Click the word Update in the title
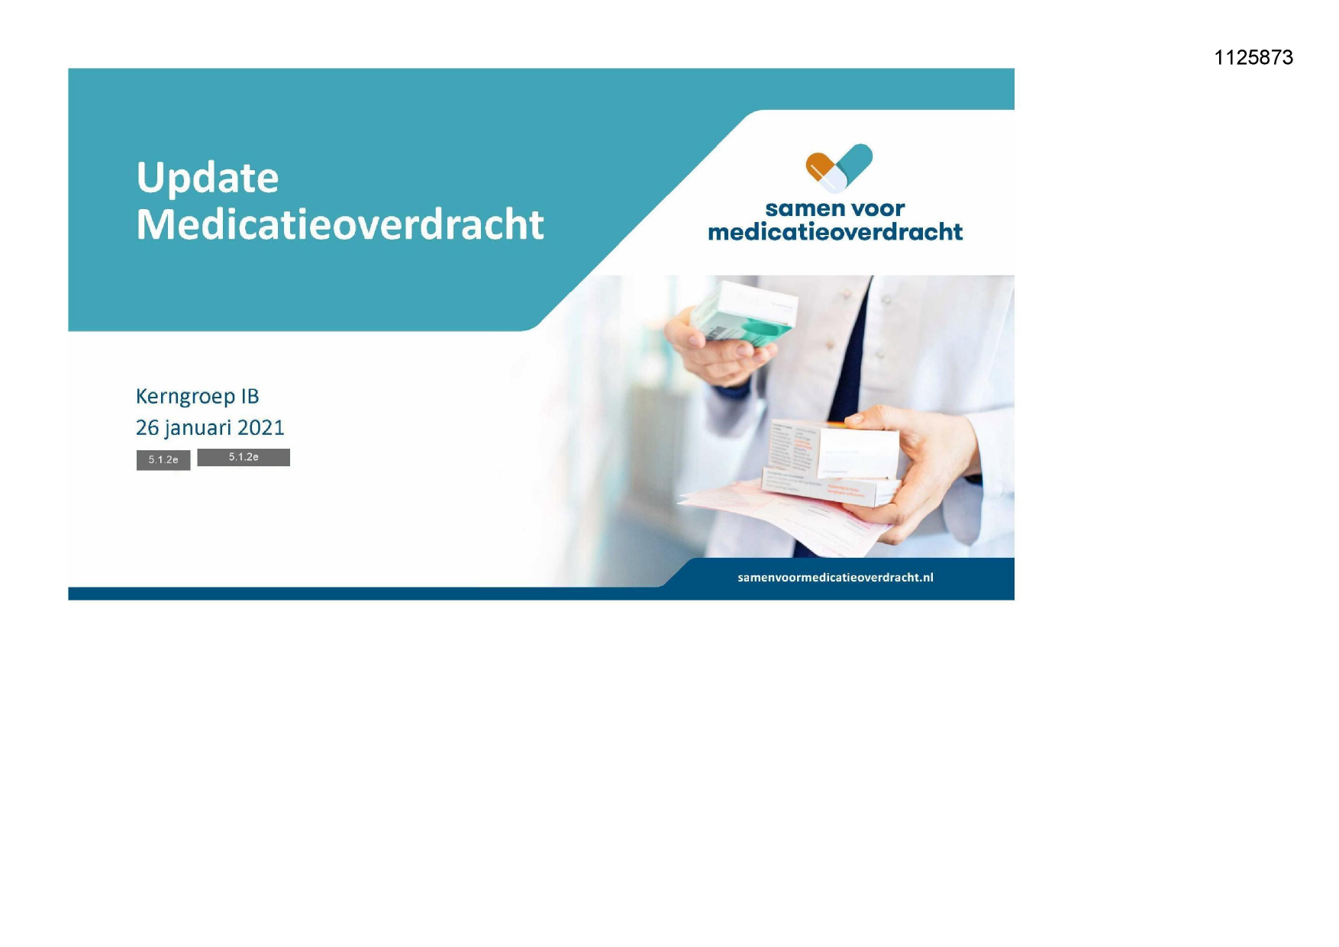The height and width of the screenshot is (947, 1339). click(207, 178)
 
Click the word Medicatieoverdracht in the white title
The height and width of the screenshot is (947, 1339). click(340, 225)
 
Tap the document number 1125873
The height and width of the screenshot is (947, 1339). click(1253, 58)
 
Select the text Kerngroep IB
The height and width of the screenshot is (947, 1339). click(197, 397)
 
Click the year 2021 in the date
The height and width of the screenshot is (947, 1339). click(260, 428)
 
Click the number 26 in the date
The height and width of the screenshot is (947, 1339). click(147, 428)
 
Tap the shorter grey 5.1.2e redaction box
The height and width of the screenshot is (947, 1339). click(163, 460)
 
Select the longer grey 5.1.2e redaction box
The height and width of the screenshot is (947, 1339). click(244, 457)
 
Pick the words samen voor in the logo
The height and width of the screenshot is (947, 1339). click(834, 208)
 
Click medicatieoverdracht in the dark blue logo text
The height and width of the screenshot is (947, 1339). click(834, 232)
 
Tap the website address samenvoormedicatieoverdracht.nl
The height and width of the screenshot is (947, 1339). click(834, 578)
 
